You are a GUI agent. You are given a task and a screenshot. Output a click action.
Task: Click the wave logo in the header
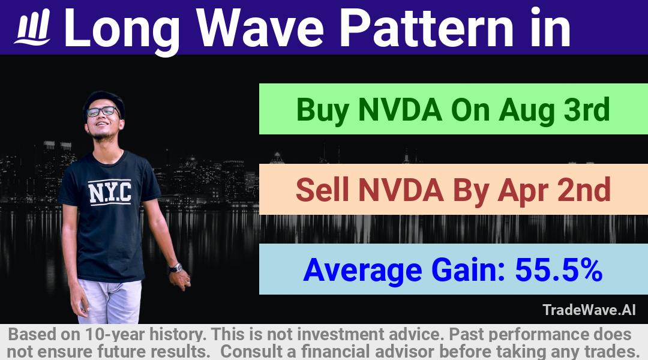[33, 27]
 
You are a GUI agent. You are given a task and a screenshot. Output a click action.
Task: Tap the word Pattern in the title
[426, 28]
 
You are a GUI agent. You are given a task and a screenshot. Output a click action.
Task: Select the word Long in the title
[122, 31]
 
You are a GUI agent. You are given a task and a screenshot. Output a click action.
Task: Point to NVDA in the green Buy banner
[400, 110]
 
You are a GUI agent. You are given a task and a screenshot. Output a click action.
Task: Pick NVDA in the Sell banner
[401, 190]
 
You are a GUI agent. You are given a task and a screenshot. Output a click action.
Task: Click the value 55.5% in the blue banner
[559, 270]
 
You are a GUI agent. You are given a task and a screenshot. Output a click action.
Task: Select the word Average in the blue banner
[362, 271]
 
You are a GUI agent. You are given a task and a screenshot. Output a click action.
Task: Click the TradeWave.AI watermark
[589, 310]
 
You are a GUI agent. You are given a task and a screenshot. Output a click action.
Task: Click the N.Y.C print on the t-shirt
[110, 193]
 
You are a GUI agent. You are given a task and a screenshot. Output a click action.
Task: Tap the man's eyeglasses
[103, 111]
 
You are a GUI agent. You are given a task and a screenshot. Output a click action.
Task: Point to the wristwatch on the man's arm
[176, 268]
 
